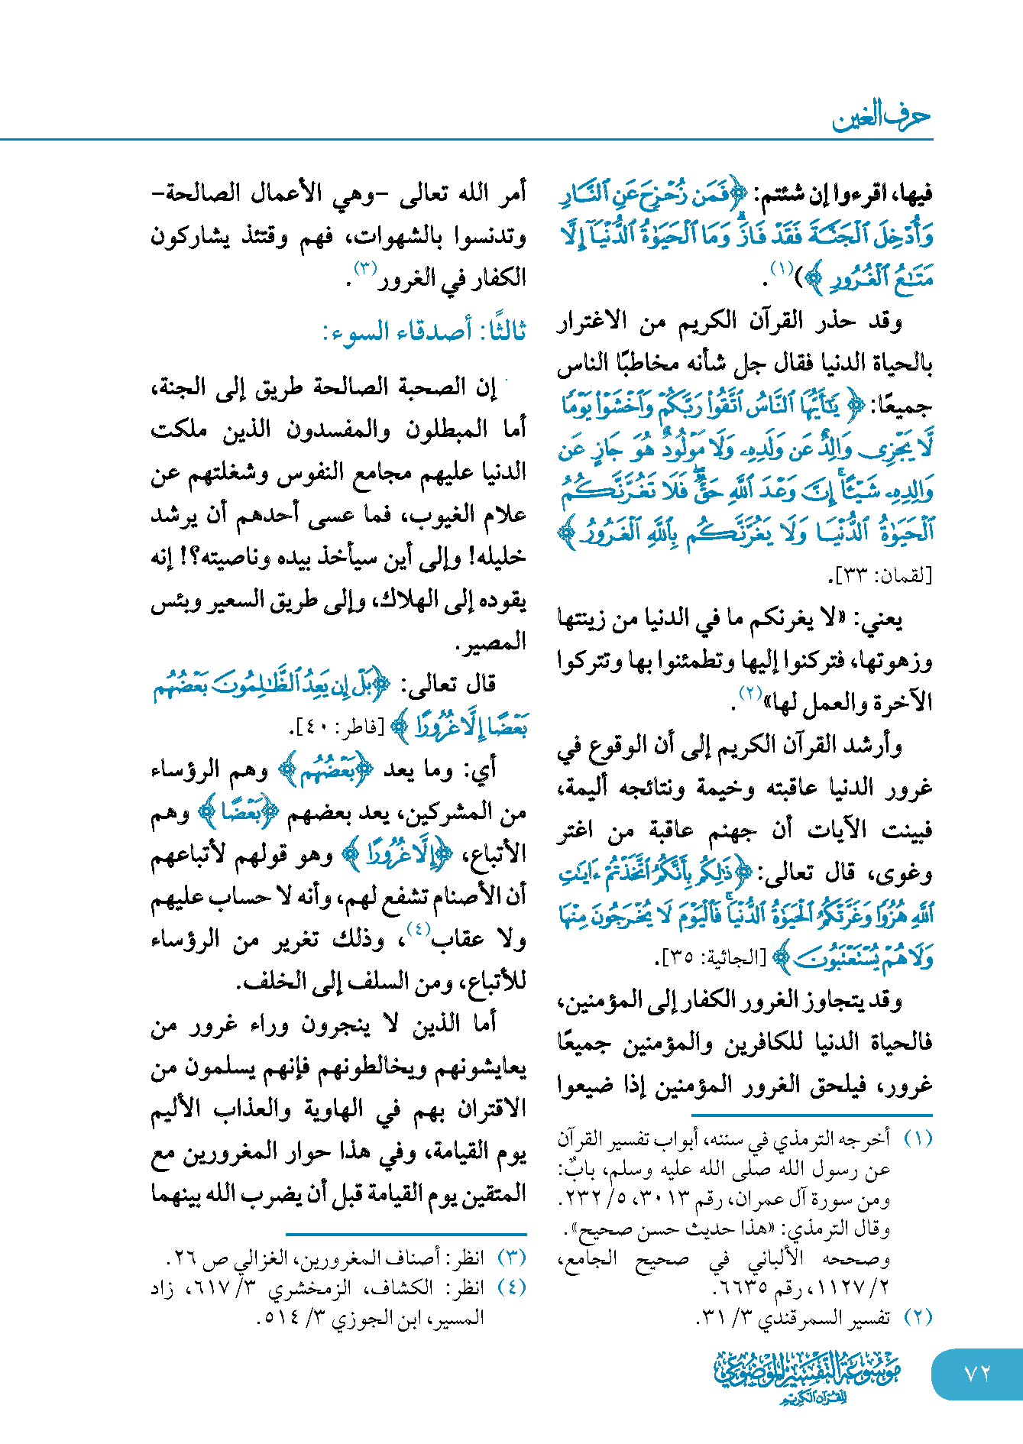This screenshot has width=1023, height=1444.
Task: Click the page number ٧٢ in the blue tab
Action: [x=977, y=1373]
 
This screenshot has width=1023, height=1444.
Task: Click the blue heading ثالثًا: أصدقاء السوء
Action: [x=424, y=332]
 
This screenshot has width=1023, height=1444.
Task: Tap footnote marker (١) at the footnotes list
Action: [x=918, y=1138]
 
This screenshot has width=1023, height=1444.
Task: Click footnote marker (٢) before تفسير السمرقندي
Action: [x=918, y=1317]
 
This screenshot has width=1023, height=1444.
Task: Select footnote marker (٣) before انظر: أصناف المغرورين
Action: [x=511, y=1258]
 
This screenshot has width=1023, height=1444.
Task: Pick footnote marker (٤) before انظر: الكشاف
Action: [x=511, y=1287]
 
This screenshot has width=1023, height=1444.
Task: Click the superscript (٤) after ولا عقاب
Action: [x=418, y=929]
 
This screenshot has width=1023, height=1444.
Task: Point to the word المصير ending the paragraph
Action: [x=494, y=643]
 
